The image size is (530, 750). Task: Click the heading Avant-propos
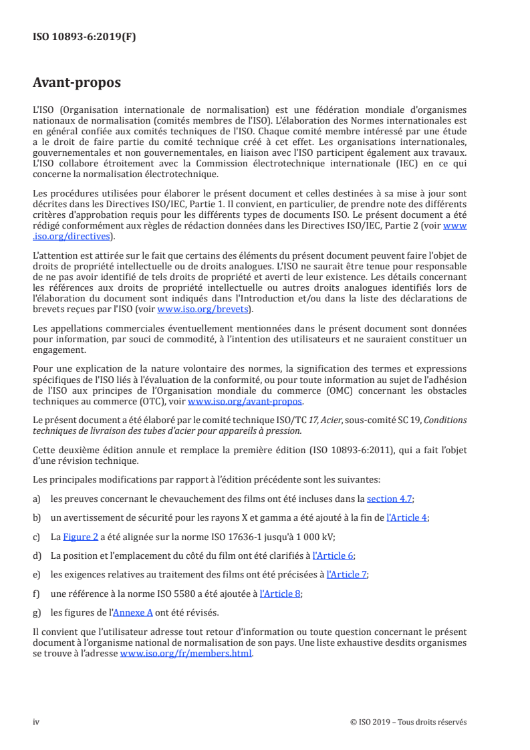click(77, 83)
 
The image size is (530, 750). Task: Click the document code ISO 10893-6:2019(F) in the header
click(84, 37)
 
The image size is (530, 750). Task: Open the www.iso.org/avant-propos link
click(245, 402)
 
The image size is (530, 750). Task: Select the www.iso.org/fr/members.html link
click(186, 654)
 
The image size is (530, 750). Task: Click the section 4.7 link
click(390, 499)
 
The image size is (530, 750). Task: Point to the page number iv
click(37, 722)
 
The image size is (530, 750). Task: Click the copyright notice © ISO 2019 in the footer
click(408, 722)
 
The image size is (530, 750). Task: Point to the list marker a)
click(37, 499)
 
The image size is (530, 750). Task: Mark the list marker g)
click(37, 612)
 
